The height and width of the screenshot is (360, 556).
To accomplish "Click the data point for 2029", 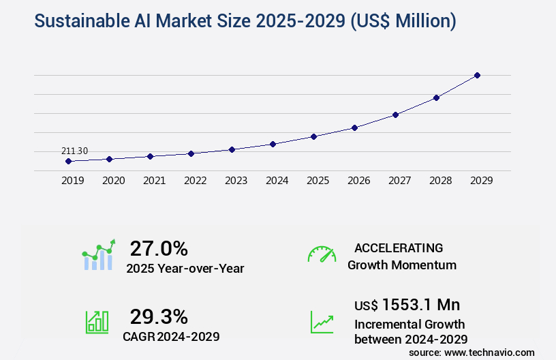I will click(477, 75).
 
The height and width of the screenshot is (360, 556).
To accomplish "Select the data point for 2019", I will click(68, 162).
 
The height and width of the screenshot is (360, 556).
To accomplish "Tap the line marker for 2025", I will click(313, 136).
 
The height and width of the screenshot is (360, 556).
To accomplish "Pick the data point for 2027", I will click(395, 115).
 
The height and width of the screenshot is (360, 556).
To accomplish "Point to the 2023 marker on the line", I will click(232, 149).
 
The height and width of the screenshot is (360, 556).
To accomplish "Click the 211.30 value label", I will click(74, 151).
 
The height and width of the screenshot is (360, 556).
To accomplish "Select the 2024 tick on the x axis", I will click(277, 181).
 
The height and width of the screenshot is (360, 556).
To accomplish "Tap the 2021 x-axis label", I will click(154, 181).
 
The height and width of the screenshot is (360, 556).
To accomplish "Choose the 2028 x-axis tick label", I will click(440, 181).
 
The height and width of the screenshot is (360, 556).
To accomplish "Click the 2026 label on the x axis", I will click(358, 181).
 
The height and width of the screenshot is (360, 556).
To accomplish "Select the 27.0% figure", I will click(159, 248).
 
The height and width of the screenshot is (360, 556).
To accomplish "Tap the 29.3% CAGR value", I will click(159, 316).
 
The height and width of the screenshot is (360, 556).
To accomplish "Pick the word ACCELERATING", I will click(399, 248).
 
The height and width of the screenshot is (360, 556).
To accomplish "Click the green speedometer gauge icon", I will click(322, 254).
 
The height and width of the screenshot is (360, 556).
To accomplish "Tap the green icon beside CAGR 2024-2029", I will click(97, 321).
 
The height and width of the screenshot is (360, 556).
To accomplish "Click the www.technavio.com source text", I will click(489, 352).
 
